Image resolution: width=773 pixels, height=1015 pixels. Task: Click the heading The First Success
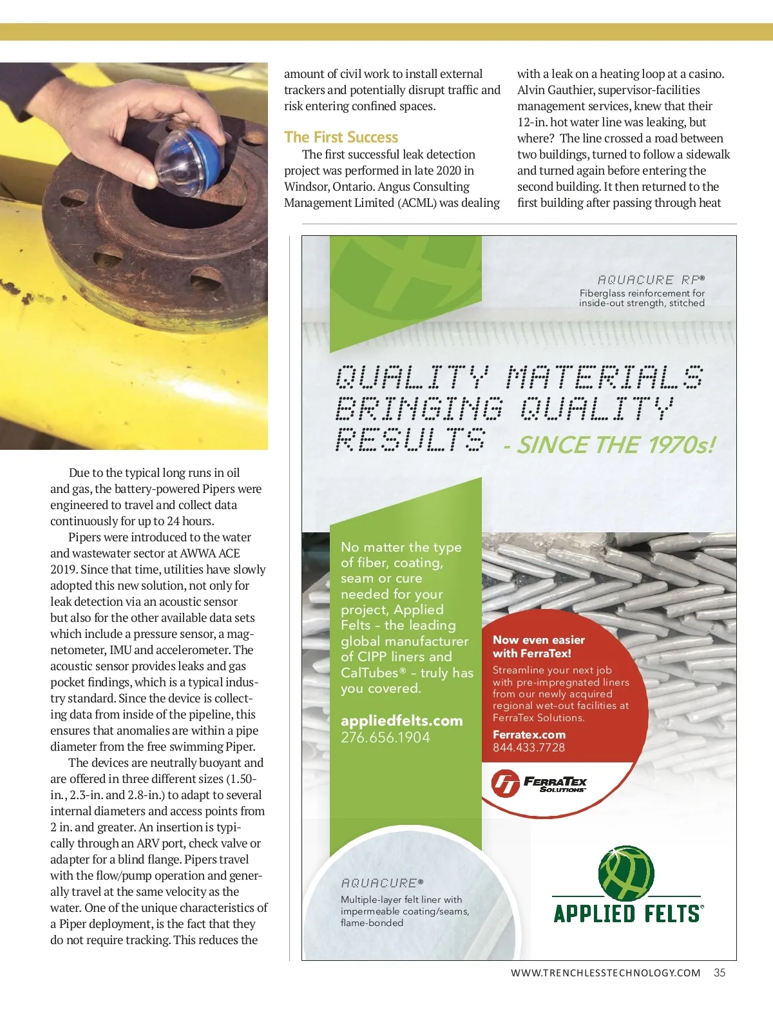[x=341, y=137]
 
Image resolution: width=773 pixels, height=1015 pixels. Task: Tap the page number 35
[x=720, y=972]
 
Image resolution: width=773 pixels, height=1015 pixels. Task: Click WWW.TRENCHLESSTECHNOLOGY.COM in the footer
[x=605, y=973]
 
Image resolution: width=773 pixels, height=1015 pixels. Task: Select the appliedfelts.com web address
[x=401, y=720]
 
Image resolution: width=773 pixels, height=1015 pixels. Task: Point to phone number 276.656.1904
[x=385, y=737]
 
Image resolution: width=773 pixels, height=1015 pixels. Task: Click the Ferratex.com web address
[x=529, y=735]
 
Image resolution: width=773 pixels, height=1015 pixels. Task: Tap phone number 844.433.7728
[x=528, y=748]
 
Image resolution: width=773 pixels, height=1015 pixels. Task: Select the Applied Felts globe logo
[x=626, y=873]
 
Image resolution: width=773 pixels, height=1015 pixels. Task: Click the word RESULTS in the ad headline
[x=410, y=440]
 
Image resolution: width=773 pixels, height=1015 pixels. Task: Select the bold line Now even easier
[x=539, y=640]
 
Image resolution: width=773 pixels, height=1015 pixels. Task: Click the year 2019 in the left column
[x=63, y=570]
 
